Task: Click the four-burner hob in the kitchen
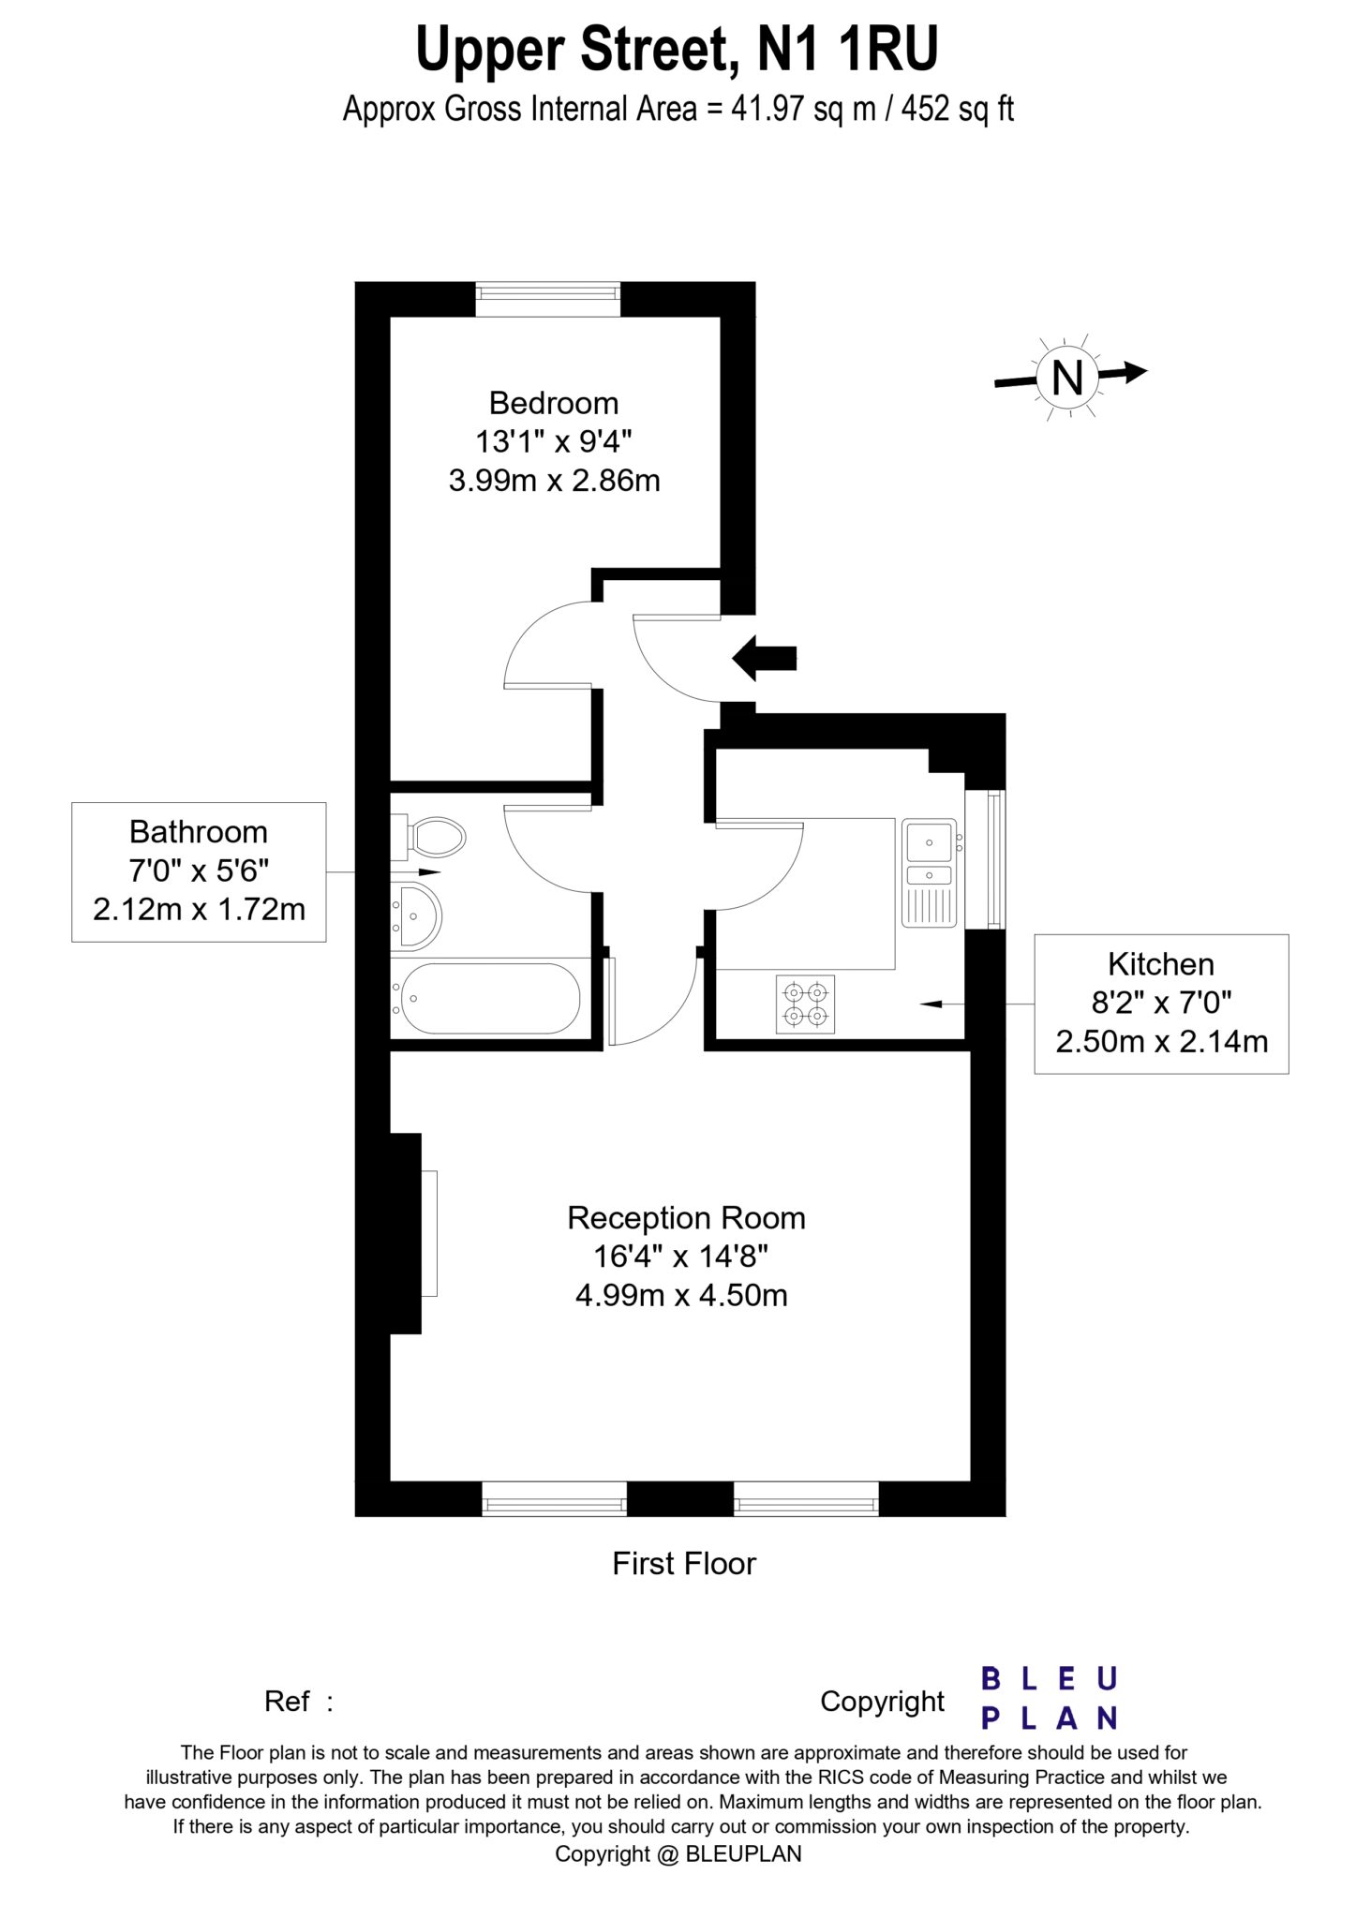click(806, 1004)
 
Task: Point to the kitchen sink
click(930, 872)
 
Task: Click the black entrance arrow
click(764, 658)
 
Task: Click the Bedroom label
click(554, 403)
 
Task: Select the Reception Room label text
click(686, 1218)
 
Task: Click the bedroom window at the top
click(548, 299)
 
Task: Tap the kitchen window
click(994, 859)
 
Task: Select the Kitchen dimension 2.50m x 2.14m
click(1161, 1041)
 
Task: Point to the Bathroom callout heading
click(199, 832)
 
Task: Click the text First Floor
click(684, 1563)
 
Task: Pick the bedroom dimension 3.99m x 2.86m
click(554, 481)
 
